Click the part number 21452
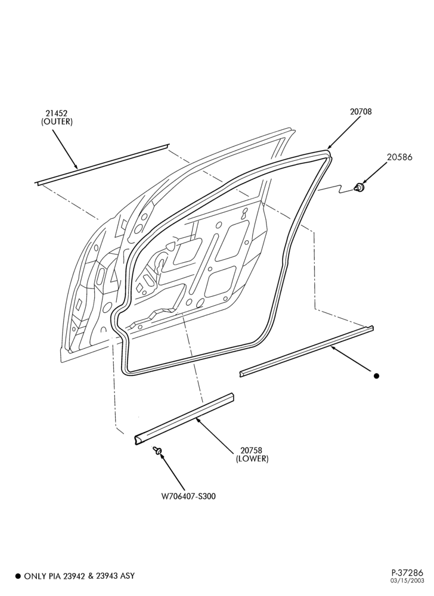coord(57,113)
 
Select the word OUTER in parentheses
coord(57,122)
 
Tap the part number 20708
coord(361,111)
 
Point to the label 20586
coord(399,157)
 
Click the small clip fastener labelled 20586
coord(358,187)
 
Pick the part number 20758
coord(252,450)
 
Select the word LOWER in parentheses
coord(252,459)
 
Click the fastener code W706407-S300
coord(188,496)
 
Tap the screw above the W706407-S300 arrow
coord(157,450)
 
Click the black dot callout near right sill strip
coord(377,376)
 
